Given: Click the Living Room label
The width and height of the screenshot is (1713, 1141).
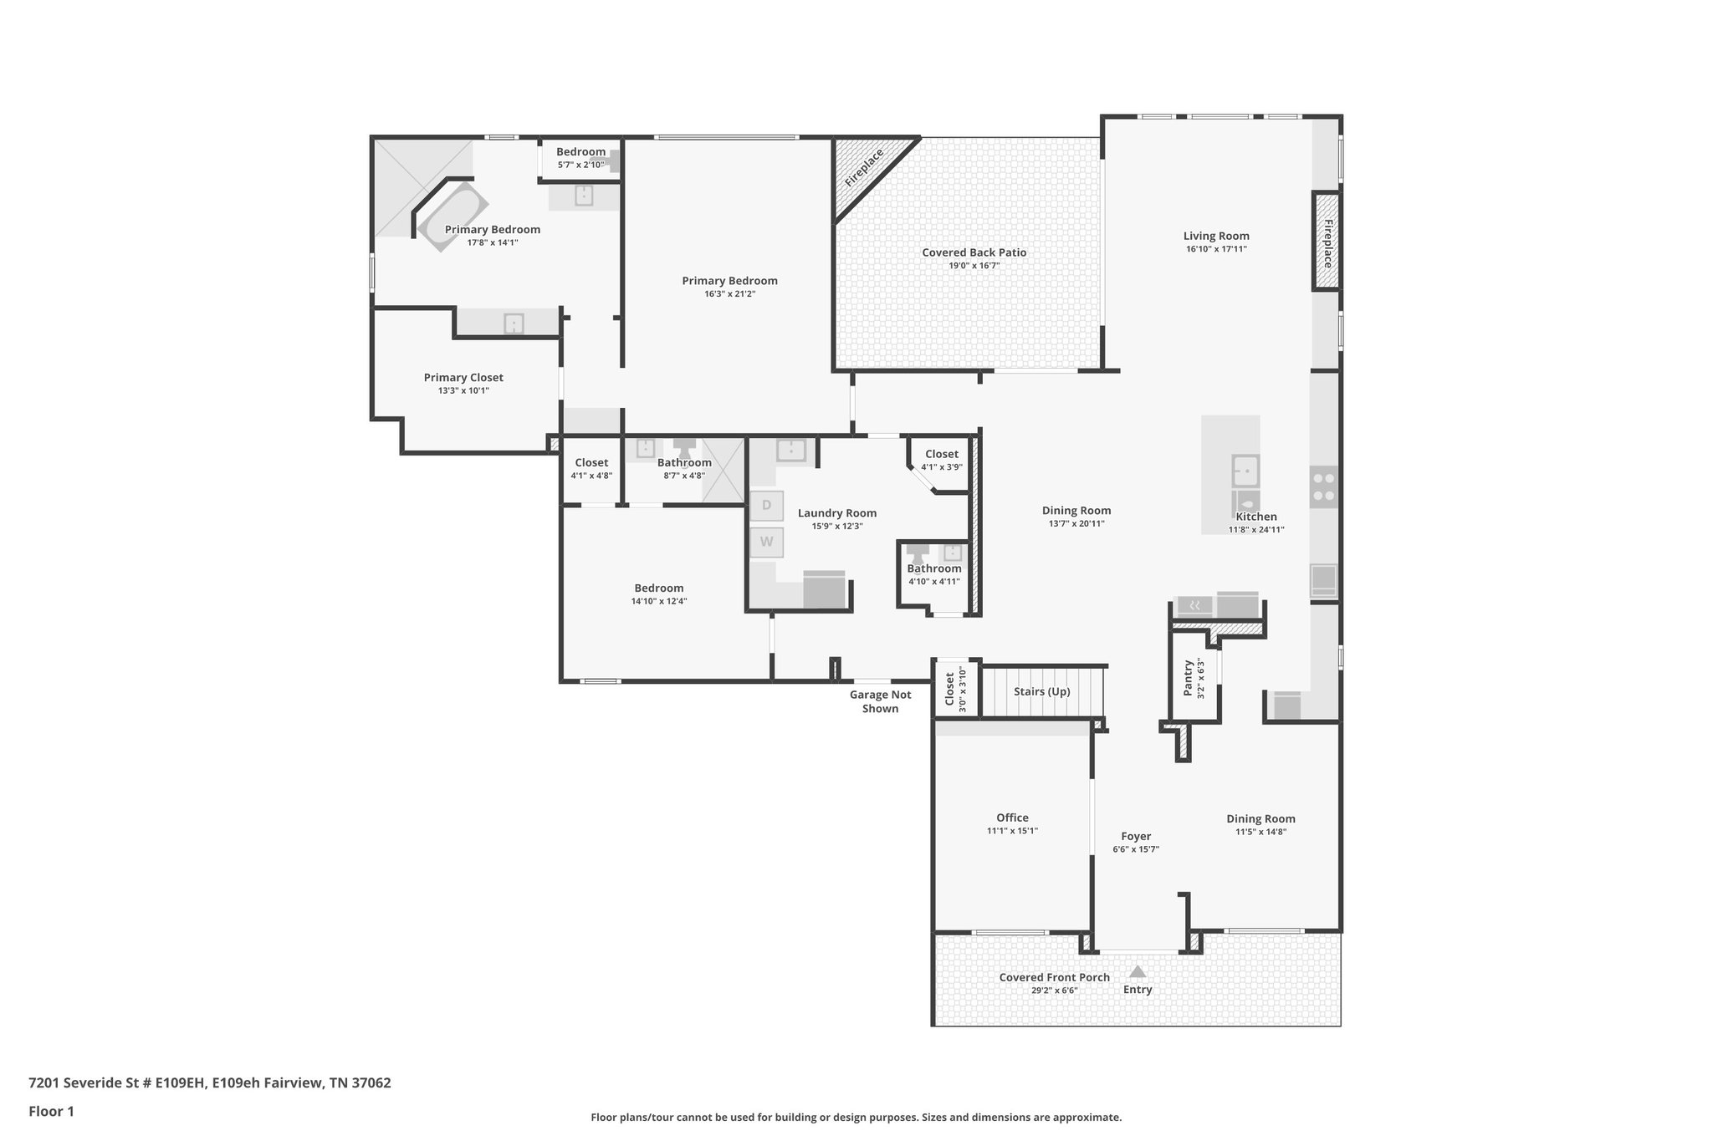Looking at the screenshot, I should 1215,237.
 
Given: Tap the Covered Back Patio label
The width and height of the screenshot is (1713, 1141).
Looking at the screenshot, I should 974,252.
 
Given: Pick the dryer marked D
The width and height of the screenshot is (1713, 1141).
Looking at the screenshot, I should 766,505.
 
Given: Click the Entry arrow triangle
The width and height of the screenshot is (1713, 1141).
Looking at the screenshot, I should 1137,971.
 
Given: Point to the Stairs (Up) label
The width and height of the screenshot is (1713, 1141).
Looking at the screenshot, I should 1041,691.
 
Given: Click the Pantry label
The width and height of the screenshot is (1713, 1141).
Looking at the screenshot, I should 1189,678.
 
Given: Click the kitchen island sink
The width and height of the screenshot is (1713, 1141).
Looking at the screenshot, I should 1245,471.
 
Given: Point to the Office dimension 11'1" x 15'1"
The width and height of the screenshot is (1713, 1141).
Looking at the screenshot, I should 1012,831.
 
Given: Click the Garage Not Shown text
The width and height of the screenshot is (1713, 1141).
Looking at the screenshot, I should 880,701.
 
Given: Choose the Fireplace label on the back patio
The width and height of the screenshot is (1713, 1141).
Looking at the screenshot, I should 864,168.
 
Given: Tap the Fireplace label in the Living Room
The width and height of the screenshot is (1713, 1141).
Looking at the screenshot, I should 1327,243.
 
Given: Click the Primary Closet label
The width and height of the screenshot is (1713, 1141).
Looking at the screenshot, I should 463,378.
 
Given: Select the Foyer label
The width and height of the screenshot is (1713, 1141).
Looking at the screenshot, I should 1136,836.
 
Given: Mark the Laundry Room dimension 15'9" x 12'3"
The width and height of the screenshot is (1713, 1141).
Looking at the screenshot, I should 836,527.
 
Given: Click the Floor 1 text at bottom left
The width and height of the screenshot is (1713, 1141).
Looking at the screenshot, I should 51,1112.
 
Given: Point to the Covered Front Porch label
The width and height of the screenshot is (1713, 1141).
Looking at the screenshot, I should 1054,977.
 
